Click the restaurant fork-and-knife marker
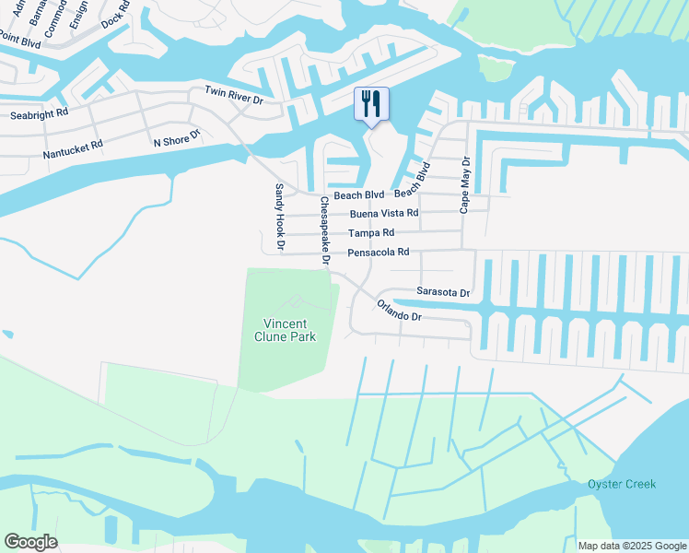[x=372, y=104]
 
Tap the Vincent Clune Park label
[x=290, y=330]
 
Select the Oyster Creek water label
[x=623, y=485]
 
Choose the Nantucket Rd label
[x=73, y=148]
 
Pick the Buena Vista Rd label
[x=384, y=213]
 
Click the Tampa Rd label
[x=371, y=233]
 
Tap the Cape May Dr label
[x=465, y=185]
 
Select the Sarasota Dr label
[x=443, y=292]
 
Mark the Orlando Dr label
[x=399, y=311]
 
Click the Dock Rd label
[x=116, y=13]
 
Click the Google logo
[x=30, y=542]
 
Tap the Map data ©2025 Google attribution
[x=633, y=546]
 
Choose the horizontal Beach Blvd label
[x=358, y=195]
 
